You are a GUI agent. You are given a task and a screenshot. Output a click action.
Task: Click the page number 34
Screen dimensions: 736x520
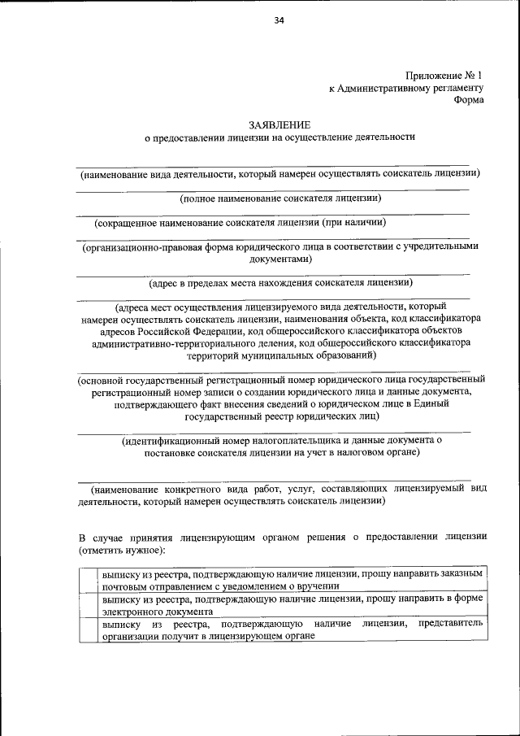point(279,21)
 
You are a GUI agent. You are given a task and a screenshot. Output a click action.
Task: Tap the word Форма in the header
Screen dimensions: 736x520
point(469,100)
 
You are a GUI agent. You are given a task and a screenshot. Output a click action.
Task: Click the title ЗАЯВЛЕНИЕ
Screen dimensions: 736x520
point(279,124)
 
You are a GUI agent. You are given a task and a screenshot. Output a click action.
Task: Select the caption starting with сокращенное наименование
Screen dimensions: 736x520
point(239,222)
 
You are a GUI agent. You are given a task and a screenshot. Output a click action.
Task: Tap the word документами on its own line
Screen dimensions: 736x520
point(279,259)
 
